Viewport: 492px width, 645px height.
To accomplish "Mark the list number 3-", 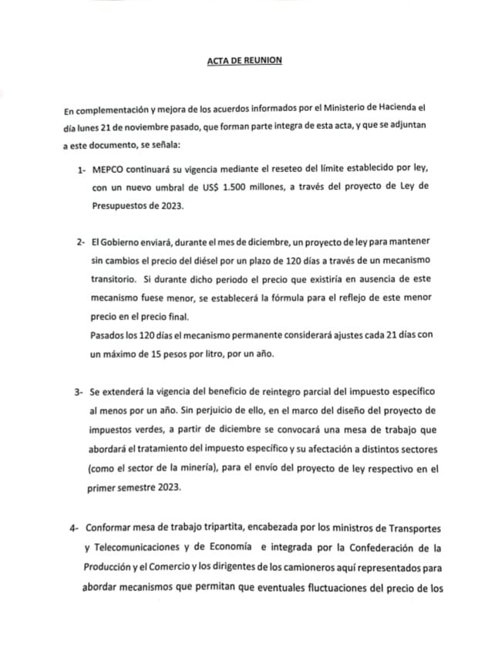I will (79, 393).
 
